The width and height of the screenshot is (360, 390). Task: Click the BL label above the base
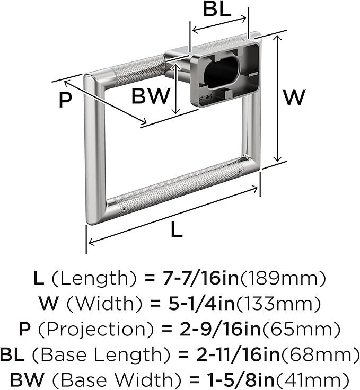click(217, 9)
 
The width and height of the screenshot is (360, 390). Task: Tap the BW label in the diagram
click(151, 96)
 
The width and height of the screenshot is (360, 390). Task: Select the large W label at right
click(294, 97)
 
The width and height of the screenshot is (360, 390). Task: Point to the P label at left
click(65, 100)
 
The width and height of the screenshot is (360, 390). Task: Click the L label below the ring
click(177, 229)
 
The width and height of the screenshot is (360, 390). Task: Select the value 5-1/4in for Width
click(201, 304)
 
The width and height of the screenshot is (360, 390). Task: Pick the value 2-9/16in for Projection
click(220, 329)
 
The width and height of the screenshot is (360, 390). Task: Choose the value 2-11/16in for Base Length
click(238, 354)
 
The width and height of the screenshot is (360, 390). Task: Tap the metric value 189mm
click(282, 278)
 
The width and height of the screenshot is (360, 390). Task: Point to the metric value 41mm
click(313, 380)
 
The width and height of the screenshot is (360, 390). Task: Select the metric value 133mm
click(278, 304)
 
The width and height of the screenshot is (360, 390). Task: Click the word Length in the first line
click(94, 279)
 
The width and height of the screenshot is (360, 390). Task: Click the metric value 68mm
click(320, 354)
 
